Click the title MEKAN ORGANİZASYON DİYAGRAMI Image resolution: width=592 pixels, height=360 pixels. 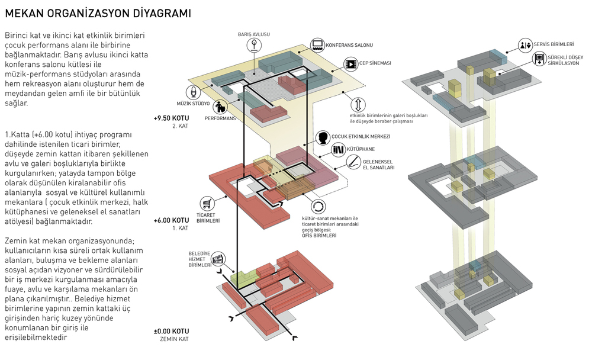[98, 13]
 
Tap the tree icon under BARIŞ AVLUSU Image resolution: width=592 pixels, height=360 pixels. [254, 45]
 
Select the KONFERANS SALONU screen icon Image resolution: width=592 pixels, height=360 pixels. [317, 45]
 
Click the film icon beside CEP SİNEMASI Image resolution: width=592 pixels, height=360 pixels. [350, 64]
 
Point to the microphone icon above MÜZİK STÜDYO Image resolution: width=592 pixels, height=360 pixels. [193, 92]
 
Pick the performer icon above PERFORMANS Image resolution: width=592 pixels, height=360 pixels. [220, 107]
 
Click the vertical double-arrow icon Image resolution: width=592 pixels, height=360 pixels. [358, 105]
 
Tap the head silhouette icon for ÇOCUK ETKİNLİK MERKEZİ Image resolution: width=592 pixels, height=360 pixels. [323, 138]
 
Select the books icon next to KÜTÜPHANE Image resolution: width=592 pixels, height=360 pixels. [338, 150]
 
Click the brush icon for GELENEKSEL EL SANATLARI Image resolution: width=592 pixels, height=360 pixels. [354, 162]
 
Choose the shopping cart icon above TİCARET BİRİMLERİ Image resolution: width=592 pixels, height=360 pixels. [207, 204]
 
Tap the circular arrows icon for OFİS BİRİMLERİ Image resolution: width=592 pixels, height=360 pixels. [318, 207]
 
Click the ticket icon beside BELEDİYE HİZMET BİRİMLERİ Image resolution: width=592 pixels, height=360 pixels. [218, 259]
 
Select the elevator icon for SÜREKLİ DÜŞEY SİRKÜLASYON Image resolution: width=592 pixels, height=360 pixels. [539, 59]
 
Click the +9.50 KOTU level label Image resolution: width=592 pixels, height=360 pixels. [171, 118]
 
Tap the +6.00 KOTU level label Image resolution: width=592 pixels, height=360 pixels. [171, 220]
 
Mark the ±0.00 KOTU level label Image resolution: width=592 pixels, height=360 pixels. [171, 332]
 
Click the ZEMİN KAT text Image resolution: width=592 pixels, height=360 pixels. [174, 339]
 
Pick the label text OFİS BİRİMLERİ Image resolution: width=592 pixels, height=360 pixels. [319, 235]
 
